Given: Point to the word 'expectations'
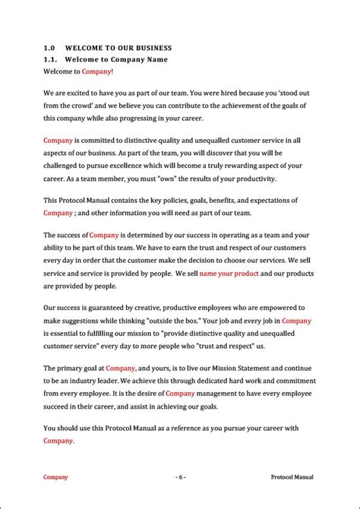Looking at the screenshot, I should [276, 201].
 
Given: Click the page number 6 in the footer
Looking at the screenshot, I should [180, 477].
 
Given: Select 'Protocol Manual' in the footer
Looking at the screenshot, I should [292, 477].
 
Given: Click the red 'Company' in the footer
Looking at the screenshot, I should [55, 477].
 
